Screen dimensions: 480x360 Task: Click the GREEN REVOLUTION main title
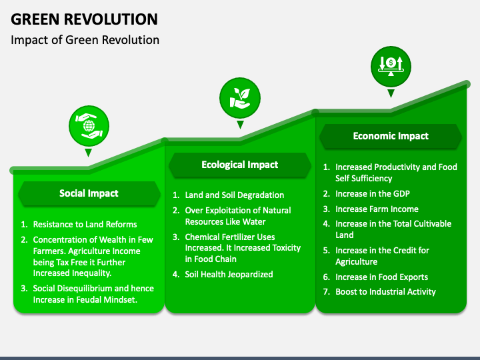(84, 19)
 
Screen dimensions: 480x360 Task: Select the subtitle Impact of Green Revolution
(85, 40)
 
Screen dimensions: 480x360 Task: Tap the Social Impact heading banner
(89, 193)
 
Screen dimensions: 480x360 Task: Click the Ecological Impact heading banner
(240, 165)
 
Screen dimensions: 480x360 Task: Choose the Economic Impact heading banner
(391, 136)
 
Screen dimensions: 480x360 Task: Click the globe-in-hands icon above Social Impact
(89, 126)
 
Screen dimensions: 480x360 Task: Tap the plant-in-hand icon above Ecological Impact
(240, 98)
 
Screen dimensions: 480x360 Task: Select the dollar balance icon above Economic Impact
(391, 67)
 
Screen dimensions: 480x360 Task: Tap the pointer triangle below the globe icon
(88, 153)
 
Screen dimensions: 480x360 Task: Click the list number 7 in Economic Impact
(326, 292)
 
